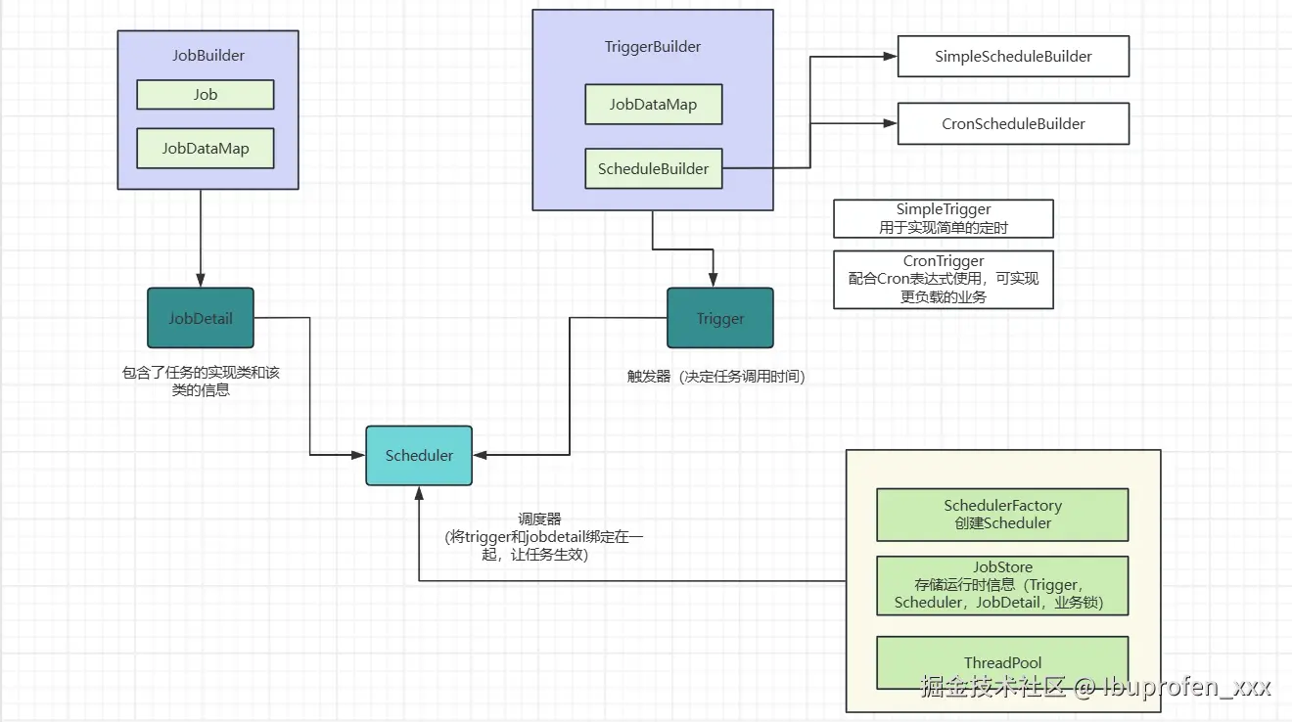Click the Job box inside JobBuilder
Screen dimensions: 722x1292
click(205, 95)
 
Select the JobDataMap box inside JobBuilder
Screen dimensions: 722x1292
click(205, 149)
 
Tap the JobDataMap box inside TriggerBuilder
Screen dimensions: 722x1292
click(653, 105)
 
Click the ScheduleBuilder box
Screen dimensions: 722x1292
click(653, 168)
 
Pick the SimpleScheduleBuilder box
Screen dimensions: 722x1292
click(1013, 57)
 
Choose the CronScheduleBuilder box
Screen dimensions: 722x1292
click(1013, 124)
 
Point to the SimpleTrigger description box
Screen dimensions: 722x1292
click(943, 218)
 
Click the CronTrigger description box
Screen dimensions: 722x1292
click(943, 279)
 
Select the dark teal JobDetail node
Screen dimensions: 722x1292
click(200, 318)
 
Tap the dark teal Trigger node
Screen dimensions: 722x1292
click(719, 318)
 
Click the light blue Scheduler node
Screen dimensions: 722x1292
click(418, 455)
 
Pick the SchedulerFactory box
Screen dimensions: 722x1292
click(1001, 514)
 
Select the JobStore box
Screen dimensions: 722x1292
click(1001, 585)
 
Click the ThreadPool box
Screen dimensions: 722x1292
click(1001, 662)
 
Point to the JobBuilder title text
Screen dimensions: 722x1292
click(208, 55)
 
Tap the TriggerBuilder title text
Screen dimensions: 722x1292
click(653, 46)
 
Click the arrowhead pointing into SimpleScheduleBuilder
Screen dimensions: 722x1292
click(892, 57)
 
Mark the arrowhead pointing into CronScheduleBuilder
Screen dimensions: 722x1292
click(892, 124)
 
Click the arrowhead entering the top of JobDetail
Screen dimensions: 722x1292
click(200, 281)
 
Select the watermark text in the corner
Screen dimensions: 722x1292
click(1095, 687)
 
